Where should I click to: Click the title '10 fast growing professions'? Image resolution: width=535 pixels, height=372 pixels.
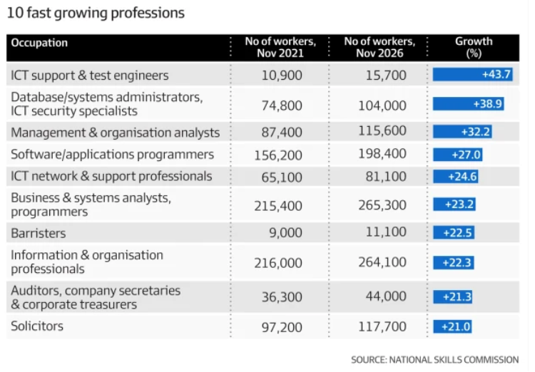[95, 13]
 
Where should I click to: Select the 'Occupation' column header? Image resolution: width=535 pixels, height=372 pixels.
[40, 43]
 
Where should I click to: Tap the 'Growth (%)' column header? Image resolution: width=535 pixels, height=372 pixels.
[474, 47]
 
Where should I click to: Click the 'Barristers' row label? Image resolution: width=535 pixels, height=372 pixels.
[39, 233]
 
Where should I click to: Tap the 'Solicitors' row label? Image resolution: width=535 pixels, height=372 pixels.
[37, 326]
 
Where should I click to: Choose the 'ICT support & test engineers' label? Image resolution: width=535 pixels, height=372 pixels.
[90, 75]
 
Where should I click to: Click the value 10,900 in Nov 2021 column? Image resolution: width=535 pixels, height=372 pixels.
[282, 76]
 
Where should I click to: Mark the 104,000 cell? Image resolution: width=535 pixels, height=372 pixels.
[382, 105]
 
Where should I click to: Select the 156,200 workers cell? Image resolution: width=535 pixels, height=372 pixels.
[278, 154]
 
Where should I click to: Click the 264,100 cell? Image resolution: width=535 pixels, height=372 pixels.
[382, 263]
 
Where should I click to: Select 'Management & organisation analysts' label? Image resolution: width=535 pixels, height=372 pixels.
[116, 133]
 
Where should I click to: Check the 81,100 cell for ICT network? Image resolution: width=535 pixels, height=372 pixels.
[385, 176]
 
